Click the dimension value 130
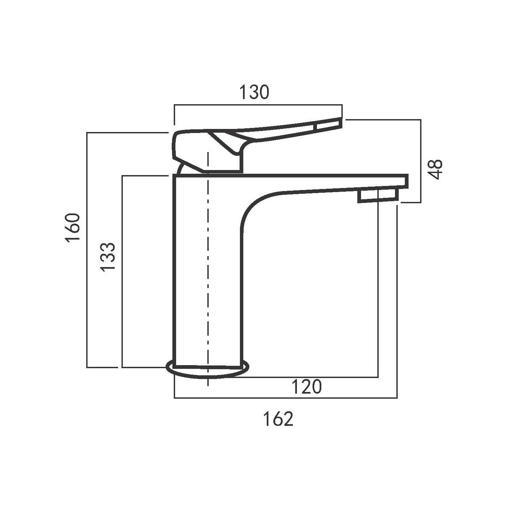tap(254, 92)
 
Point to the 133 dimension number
tap(108, 257)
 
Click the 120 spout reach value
tap(306, 387)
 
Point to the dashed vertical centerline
tap(207, 271)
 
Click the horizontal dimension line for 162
tap(285, 398)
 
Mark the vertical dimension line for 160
tap(87, 250)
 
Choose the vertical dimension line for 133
tap(122, 271)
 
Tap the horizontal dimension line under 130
tap(258, 105)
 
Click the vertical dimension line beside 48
tap(421, 161)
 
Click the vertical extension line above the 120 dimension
tap(378, 288)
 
